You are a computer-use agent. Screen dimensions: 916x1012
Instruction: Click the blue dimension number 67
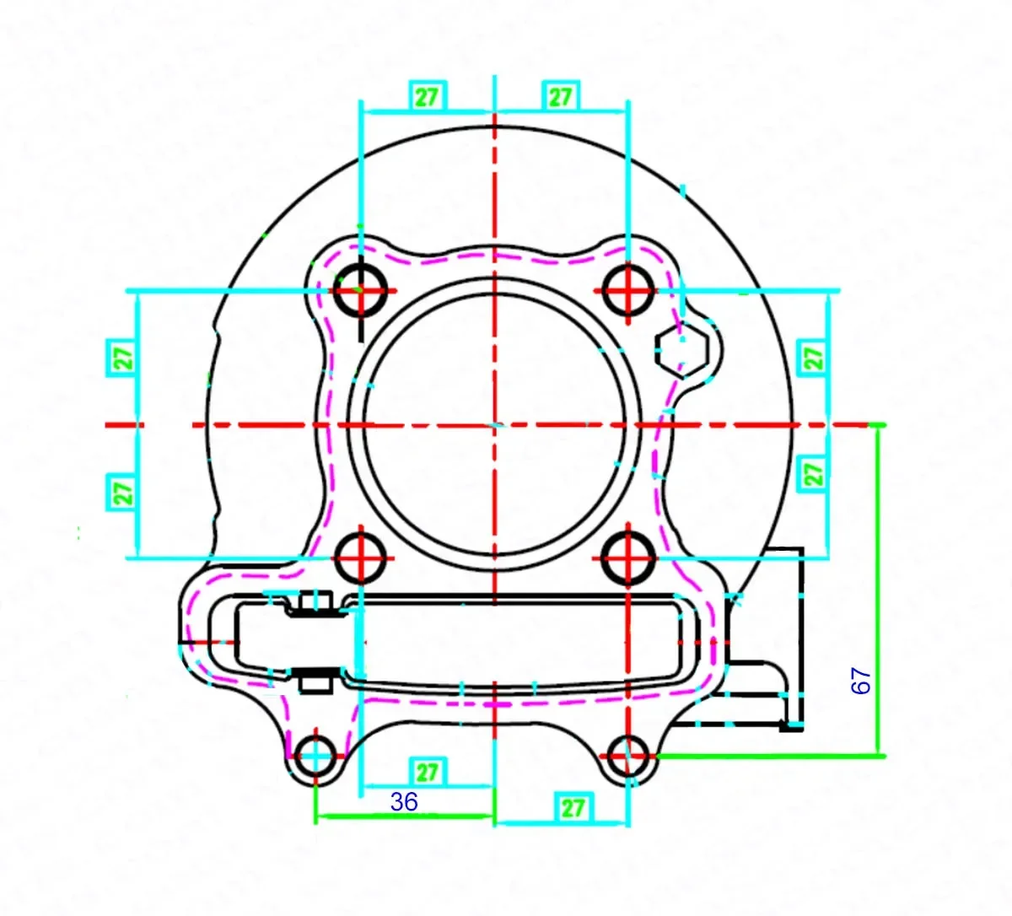[x=861, y=681]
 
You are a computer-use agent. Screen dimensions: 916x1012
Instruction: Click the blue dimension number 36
[x=404, y=802]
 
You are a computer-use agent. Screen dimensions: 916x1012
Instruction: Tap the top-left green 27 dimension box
[x=427, y=97]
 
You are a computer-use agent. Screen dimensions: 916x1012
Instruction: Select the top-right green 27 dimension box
[x=561, y=97]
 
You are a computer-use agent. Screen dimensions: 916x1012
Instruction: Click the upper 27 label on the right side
[x=814, y=356]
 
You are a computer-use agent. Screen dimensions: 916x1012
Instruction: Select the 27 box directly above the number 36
[x=428, y=772]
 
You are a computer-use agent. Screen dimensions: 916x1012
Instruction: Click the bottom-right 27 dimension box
[x=573, y=808]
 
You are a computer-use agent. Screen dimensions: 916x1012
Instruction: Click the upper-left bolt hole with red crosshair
[x=361, y=289]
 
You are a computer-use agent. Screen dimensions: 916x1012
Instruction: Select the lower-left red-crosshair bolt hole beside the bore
[x=361, y=557]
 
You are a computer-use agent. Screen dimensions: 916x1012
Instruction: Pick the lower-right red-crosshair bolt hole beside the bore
[x=628, y=557]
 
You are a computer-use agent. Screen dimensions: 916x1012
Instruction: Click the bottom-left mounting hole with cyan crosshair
[x=316, y=756]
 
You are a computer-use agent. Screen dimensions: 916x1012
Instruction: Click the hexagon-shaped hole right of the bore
[x=681, y=351]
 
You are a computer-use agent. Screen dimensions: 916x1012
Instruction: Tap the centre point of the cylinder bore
[x=495, y=424]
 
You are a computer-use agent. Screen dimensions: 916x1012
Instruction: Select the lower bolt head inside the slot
[x=315, y=679]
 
